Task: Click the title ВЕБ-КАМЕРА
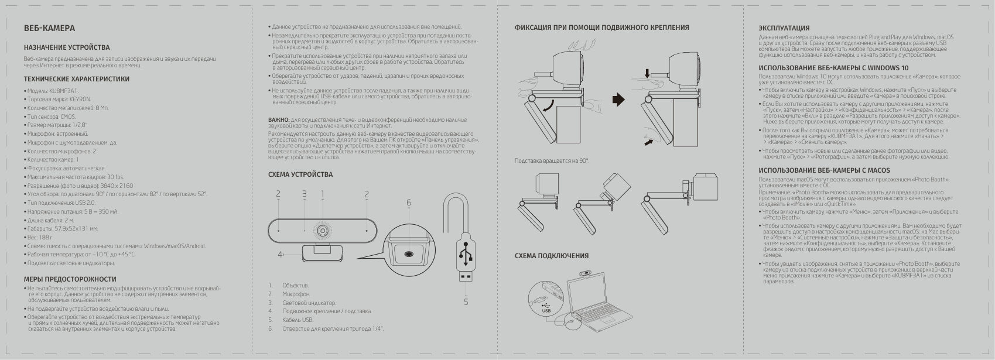pos(49,28)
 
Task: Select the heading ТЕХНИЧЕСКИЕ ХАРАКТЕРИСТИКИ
pos(76,79)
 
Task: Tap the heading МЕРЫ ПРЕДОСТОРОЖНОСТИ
pos(70,279)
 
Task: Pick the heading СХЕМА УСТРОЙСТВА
pos(300,174)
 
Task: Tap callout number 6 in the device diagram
pos(408,203)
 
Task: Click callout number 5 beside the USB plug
pos(466,302)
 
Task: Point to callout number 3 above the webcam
pos(305,194)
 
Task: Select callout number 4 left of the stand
pos(280,254)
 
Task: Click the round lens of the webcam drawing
pos(322,229)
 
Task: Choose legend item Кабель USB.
pos(298,320)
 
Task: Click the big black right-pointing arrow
pos(618,100)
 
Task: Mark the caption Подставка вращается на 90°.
pos(551,160)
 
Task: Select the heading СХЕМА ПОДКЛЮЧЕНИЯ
pos(551,256)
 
